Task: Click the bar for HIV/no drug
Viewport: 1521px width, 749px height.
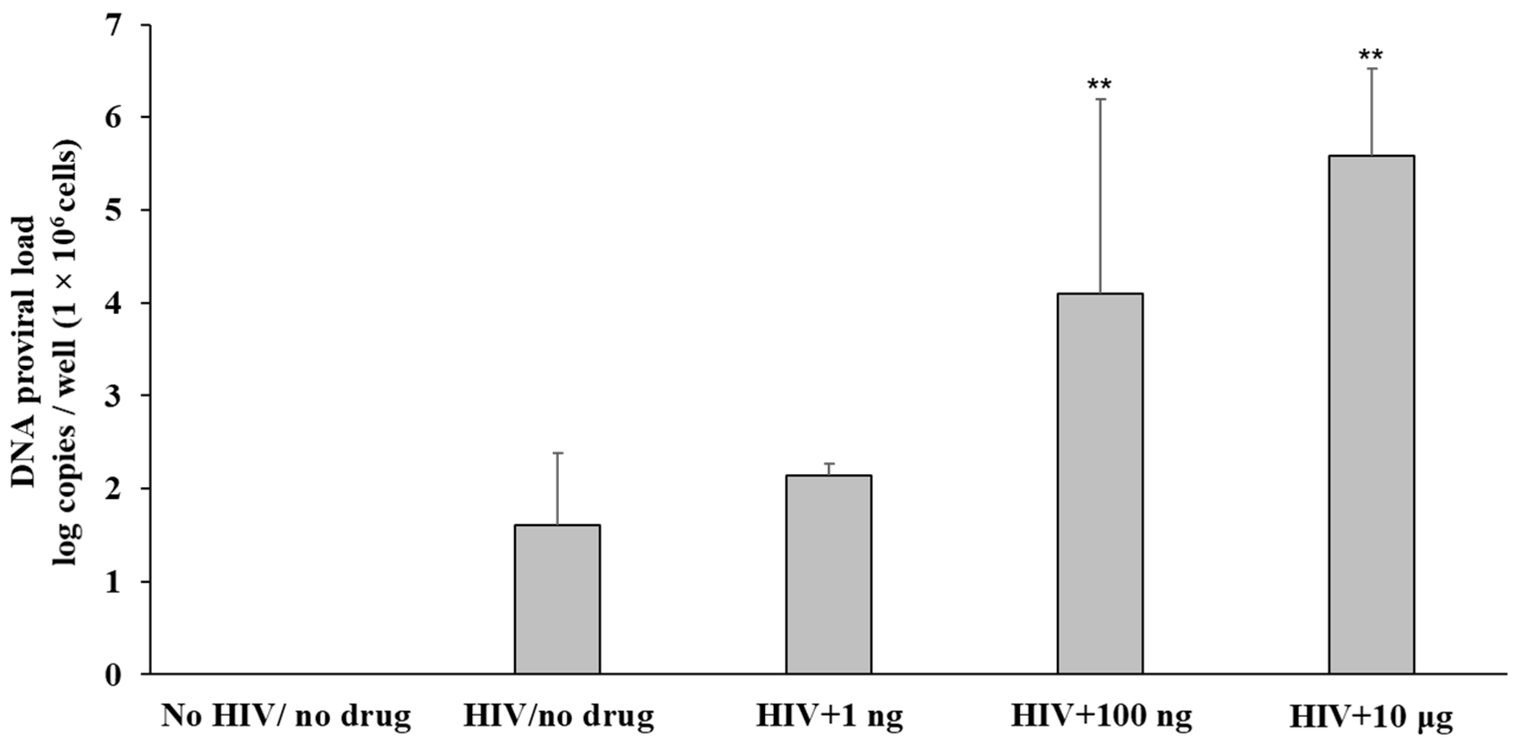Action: (557, 599)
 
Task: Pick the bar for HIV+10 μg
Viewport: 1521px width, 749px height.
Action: (1371, 414)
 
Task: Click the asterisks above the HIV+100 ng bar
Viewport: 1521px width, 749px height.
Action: (1099, 85)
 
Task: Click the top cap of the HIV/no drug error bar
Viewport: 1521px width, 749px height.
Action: (557, 453)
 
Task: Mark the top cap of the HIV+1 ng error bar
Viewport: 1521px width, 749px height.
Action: (828, 464)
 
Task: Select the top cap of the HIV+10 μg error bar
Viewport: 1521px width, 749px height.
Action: (1371, 69)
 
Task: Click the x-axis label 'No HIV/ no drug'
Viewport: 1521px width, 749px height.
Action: (286, 716)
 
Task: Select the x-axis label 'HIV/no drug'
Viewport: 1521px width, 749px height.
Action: (558, 716)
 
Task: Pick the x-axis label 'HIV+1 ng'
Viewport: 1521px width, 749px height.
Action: (830, 716)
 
